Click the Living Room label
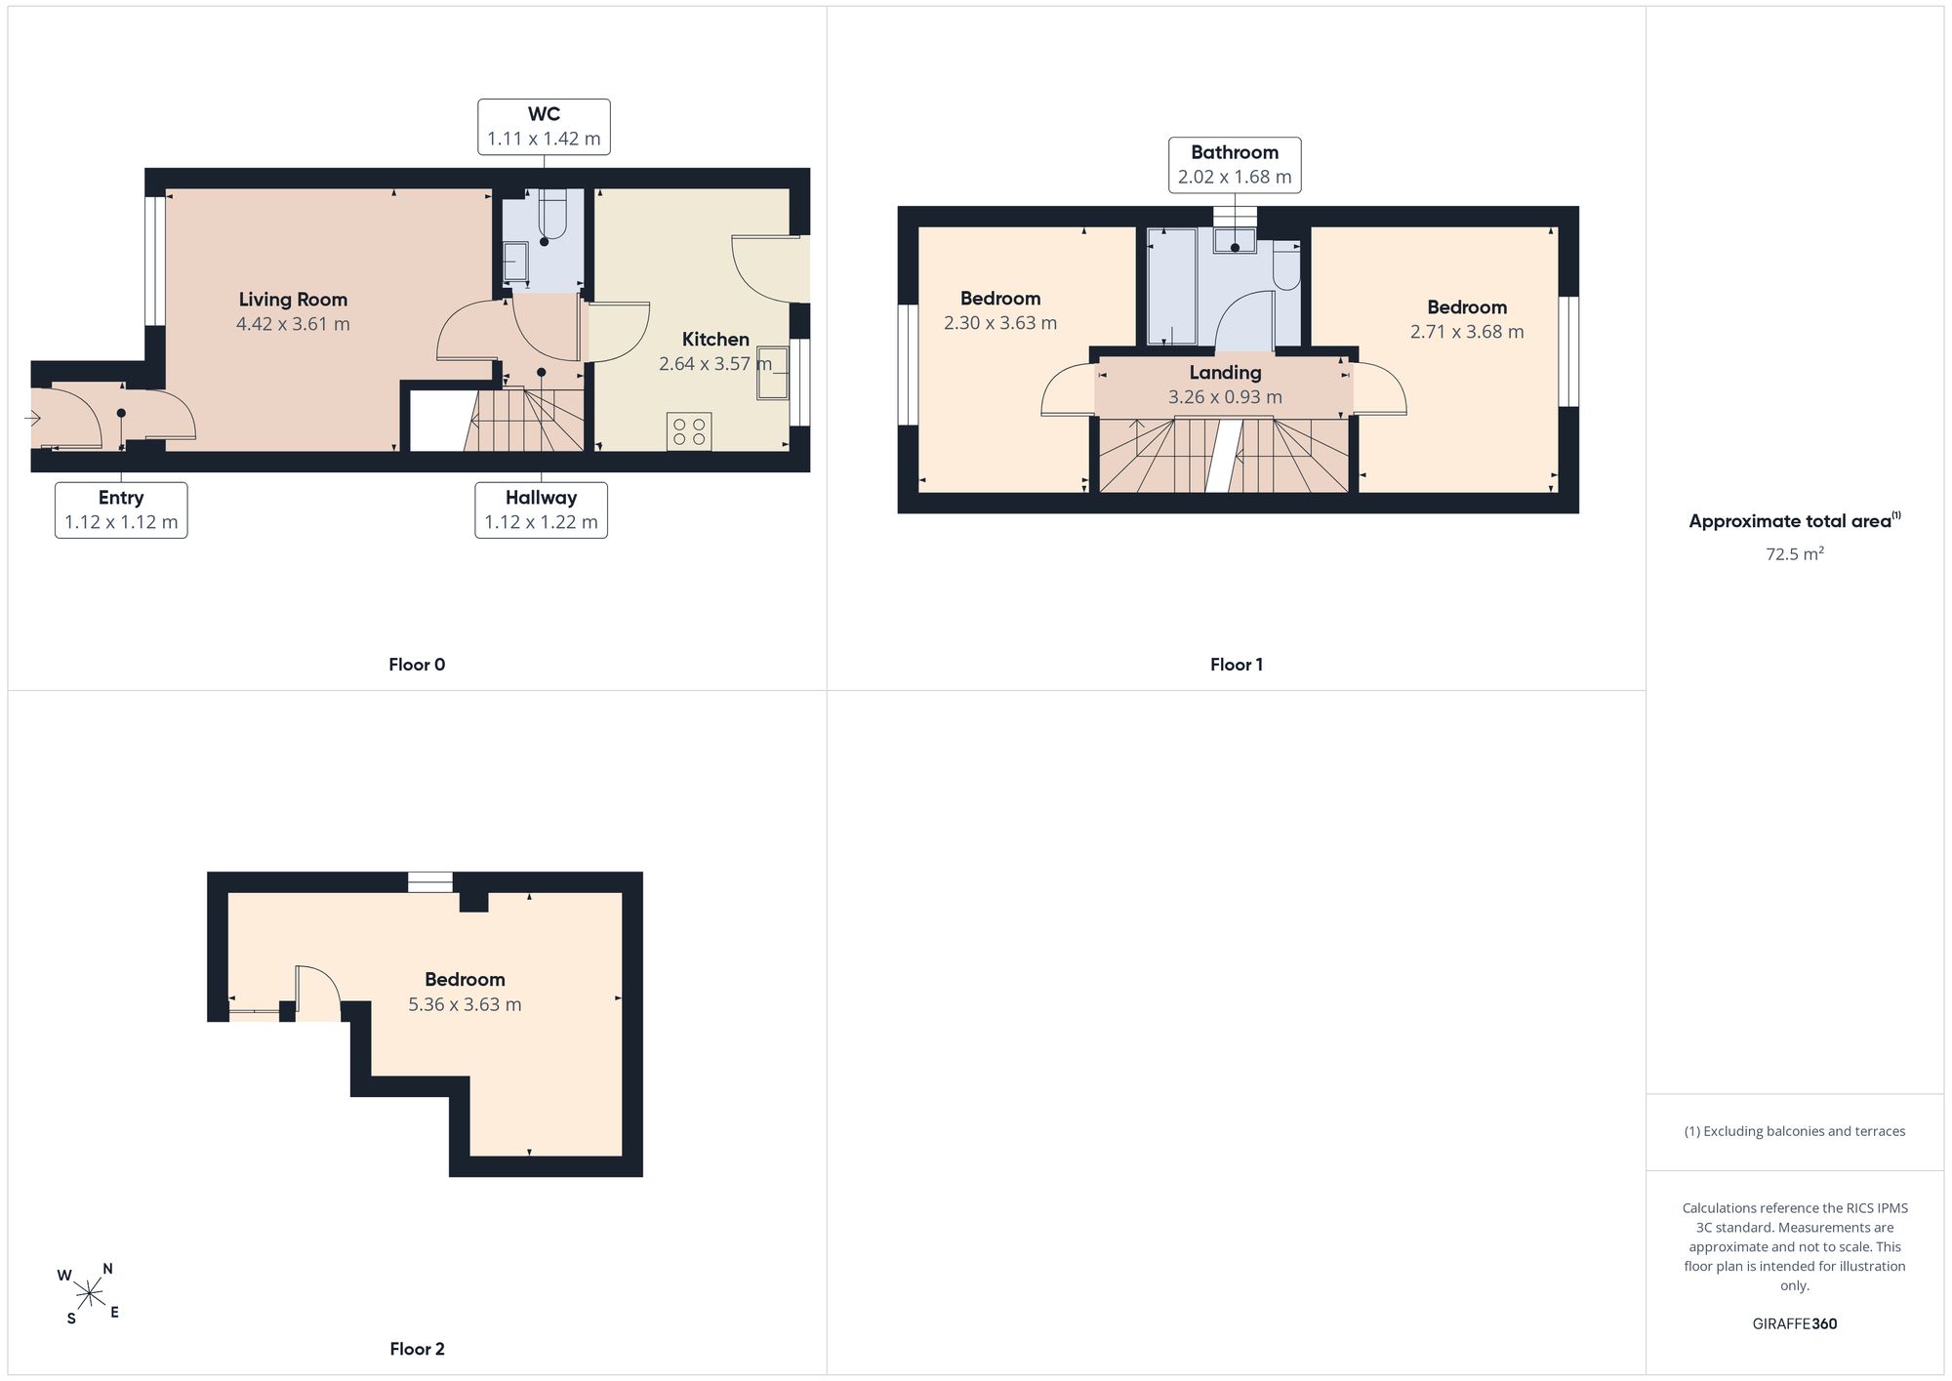[x=293, y=300]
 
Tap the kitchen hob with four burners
[x=689, y=431]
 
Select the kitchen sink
[x=774, y=372]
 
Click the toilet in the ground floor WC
[x=551, y=215]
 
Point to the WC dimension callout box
[x=545, y=127]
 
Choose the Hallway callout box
[x=542, y=510]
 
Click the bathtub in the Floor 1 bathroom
[x=1171, y=286]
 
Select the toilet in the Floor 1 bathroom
[x=1287, y=266]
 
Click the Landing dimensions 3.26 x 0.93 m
[x=1225, y=397]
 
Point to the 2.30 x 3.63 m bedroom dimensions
[x=1000, y=323]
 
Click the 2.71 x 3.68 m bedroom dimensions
[x=1467, y=332]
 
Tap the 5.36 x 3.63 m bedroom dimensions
[x=465, y=1004]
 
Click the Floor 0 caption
[x=417, y=665]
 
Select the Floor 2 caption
[x=417, y=1349]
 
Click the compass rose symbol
[x=89, y=1294]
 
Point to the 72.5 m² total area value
[x=1795, y=554]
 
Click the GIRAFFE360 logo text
[x=1795, y=1324]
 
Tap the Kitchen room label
[x=715, y=340]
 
